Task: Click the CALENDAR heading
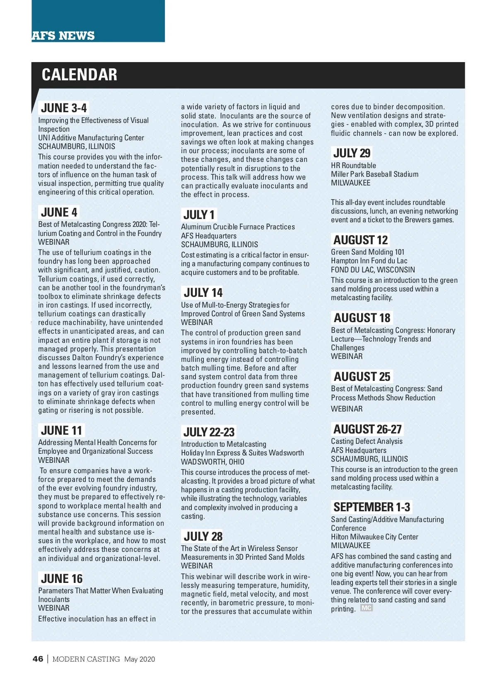79,75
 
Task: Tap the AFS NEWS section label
63,36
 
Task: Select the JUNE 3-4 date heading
64,108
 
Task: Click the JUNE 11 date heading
62,431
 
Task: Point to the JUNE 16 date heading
62,579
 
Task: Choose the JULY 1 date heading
199,215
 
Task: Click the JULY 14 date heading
203,293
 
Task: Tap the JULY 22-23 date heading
209,432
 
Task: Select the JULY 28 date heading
203,537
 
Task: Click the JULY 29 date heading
352,153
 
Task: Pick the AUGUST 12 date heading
360,240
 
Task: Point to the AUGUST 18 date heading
362,318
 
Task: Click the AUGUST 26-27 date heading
367,429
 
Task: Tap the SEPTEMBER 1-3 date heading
372,507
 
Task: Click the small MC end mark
367,608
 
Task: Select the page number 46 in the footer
38,659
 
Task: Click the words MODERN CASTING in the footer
86,659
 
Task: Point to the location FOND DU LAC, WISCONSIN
373,270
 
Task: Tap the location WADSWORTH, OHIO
212,462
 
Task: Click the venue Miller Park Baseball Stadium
374,174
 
